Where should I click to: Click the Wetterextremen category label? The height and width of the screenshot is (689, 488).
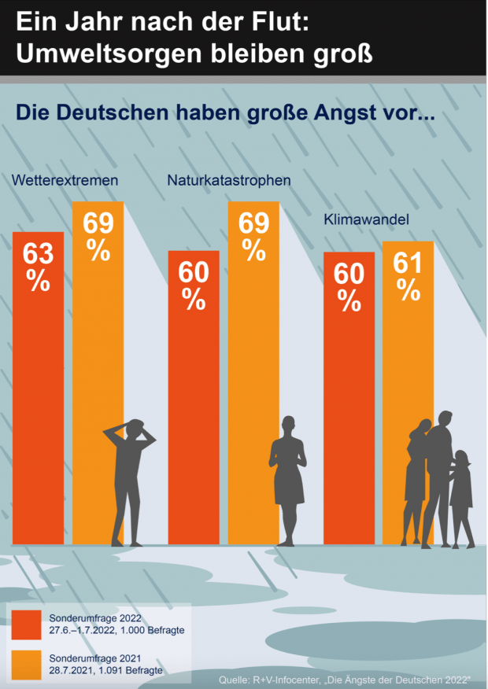click(65, 180)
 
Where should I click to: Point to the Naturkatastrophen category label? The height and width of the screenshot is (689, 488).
click(229, 180)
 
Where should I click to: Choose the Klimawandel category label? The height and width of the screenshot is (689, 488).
click(366, 221)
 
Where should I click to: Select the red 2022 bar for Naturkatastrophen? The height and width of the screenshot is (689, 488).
click(194, 393)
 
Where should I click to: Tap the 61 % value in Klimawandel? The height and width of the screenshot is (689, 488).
click(409, 275)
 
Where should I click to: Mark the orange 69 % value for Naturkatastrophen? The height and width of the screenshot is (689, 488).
click(253, 236)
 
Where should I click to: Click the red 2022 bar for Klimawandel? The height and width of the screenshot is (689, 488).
click(349, 393)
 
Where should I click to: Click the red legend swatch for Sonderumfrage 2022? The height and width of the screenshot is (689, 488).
click(26, 625)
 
